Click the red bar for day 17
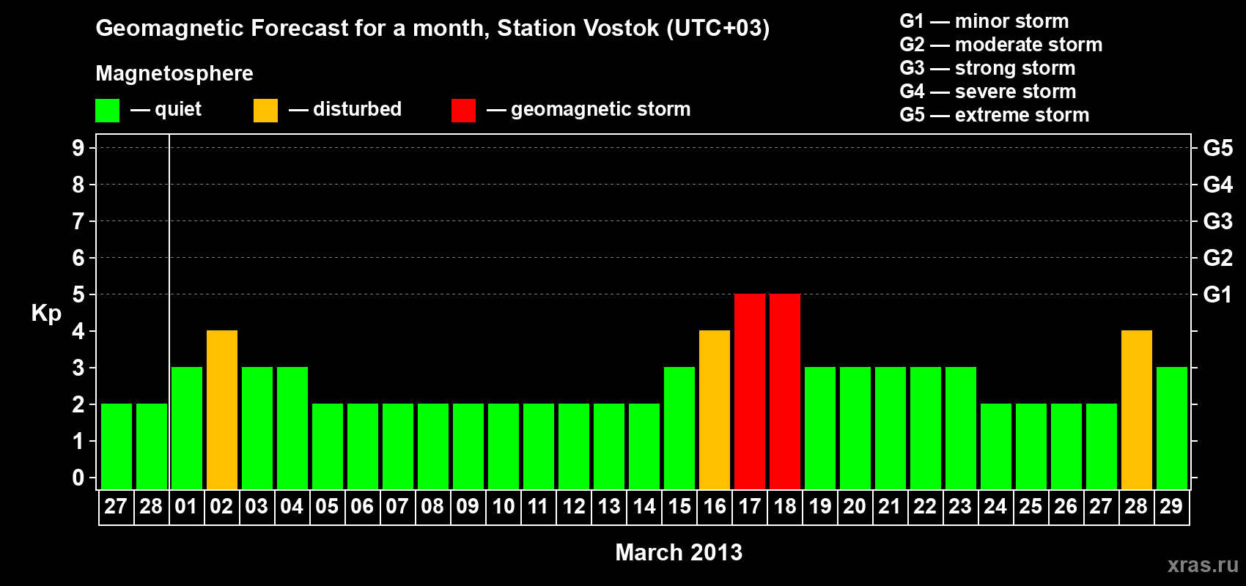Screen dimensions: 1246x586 click(x=750, y=391)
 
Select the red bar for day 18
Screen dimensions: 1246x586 click(x=785, y=391)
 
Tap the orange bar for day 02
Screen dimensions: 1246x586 click(x=222, y=409)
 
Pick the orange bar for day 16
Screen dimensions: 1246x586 click(x=715, y=409)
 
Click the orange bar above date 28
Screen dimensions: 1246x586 click(x=1136, y=409)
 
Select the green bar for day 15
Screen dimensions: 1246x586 click(x=679, y=428)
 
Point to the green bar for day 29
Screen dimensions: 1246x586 click(x=1172, y=428)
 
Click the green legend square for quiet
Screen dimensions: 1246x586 click(x=107, y=110)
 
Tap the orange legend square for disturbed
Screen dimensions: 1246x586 click(x=265, y=110)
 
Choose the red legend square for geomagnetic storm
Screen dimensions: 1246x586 click(x=463, y=110)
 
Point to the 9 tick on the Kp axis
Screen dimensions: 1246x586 click(x=78, y=148)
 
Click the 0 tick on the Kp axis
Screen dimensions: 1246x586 click(x=78, y=478)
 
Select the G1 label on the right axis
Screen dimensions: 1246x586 click(x=1218, y=294)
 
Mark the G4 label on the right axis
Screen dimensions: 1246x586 click(x=1218, y=185)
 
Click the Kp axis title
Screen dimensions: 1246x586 click(x=46, y=314)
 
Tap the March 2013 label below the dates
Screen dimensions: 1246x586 click(x=679, y=552)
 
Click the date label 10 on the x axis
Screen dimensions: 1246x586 click(x=504, y=506)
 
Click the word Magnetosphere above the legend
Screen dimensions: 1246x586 click(x=174, y=73)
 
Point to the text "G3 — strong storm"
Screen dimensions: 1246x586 click(x=987, y=68)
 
